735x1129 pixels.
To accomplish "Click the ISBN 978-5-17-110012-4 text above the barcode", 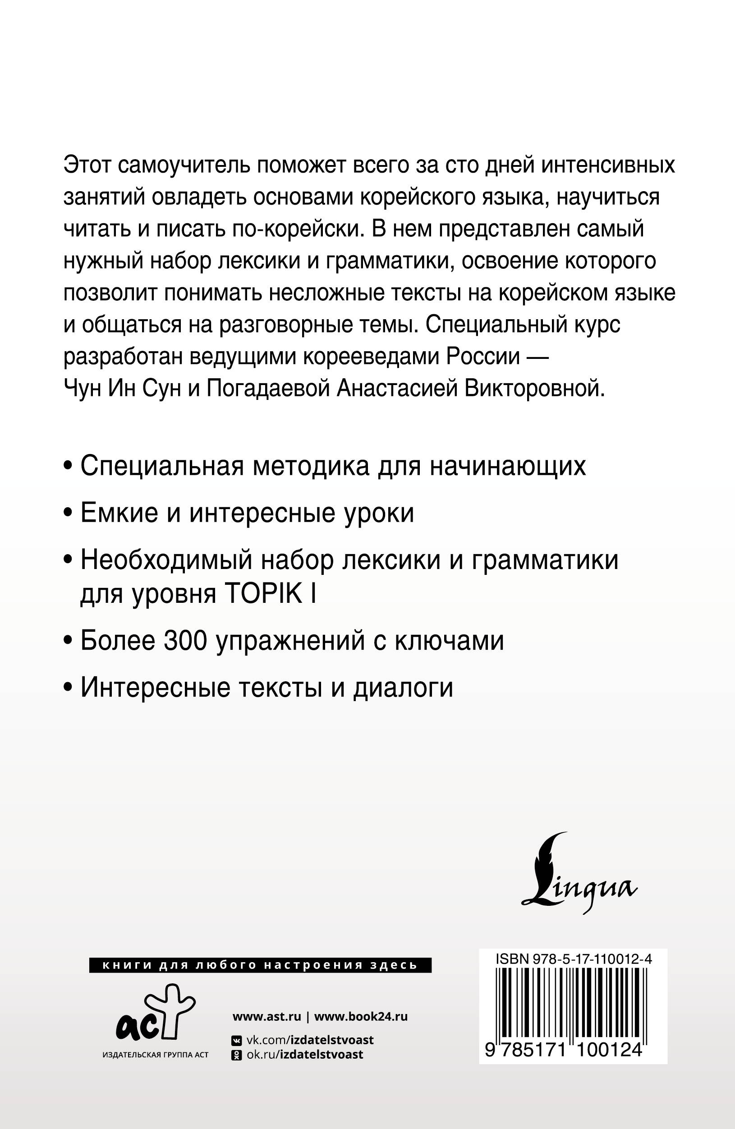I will [x=573, y=959].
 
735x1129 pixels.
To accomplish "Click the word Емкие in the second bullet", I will [x=119, y=513].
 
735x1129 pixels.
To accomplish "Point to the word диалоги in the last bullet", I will [x=403, y=687].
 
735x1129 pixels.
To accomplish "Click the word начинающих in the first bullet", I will [x=508, y=466].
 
